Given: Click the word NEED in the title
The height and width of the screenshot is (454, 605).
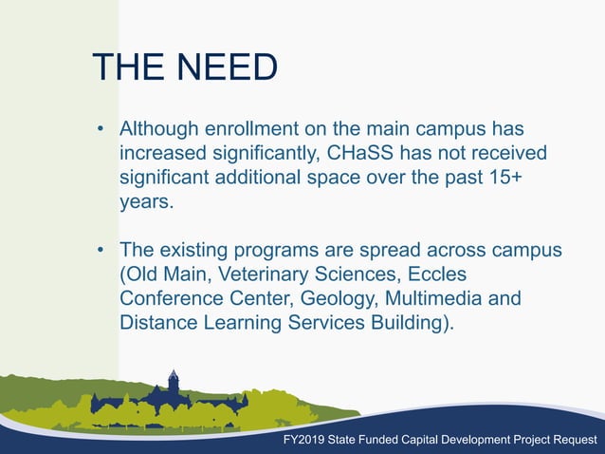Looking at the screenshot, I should (x=222, y=68).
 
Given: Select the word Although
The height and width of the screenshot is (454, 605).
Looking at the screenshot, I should (x=159, y=127).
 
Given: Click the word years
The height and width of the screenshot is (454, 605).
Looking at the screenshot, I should (x=146, y=201).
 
